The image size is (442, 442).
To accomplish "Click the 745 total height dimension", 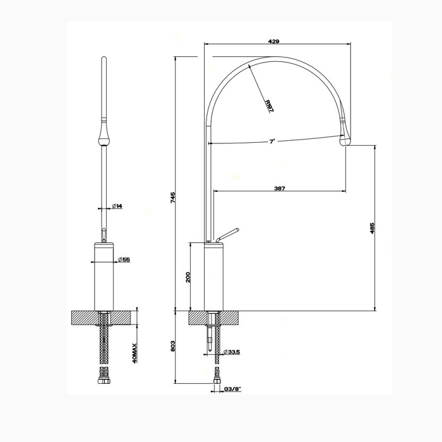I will pyautogui.click(x=172, y=198).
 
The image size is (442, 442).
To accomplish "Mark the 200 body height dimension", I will pyautogui.click(x=188, y=277).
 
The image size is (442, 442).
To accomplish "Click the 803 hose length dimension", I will pyautogui.click(x=172, y=346).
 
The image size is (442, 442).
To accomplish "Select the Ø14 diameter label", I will pyautogui.click(x=117, y=206).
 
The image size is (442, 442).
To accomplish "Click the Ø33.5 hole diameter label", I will pyautogui.click(x=231, y=351).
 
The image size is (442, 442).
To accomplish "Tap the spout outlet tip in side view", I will pyautogui.click(x=345, y=143).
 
